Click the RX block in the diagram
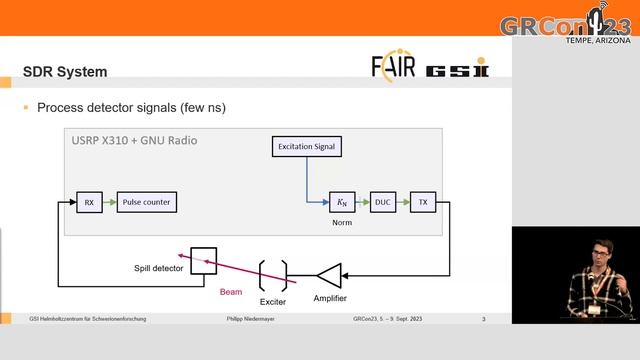pyautogui.click(x=89, y=202)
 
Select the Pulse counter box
pyautogui.click(x=146, y=202)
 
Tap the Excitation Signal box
pyautogui.click(x=307, y=147)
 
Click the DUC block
pyautogui.click(x=383, y=202)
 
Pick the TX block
pyautogui.click(x=423, y=202)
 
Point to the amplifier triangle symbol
pyautogui.click(x=329, y=273)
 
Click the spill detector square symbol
pyautogui.click(x=205, y=259)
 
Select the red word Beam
pyautogui.click(x=231, y=293)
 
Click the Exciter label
pyautogui.click(x=273, y=299)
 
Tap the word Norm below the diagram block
pyautogui.click(x=342, y=223)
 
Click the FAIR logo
pyautogui.click(x=393, y=68)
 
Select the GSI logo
pyautogui.click(x=457, y=71)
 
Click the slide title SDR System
pyautogui.click(x=65, y=72)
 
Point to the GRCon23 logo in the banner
pyautogui.click(x=565, y=24)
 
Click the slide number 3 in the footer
pyautogui.click(x=483, y=319)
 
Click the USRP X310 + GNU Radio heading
pyautogui.click(x=133, y=140)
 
